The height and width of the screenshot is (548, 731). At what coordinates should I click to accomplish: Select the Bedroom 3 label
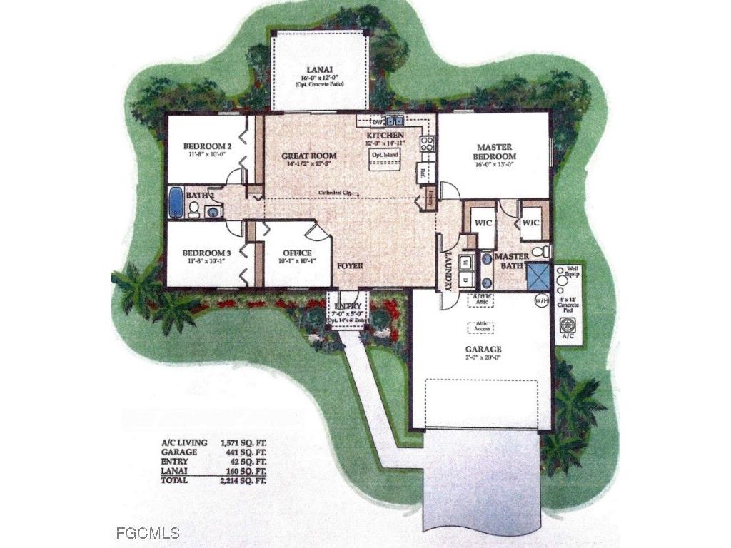coord(206,253)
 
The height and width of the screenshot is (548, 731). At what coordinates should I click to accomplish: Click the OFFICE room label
coord(297,253)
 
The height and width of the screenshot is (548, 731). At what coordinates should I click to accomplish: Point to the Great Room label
coord(308,156)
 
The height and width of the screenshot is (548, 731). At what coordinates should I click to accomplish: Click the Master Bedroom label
coord(495,151)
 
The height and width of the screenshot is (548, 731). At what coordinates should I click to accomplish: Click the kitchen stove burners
coord(426,144)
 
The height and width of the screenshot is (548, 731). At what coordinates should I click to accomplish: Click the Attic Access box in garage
coord(481,327)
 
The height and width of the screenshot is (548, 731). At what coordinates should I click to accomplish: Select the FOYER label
coord(350,266)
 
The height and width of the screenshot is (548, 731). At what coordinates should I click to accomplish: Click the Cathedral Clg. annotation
coord(338,193)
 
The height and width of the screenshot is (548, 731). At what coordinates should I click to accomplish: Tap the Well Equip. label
coord(574,271)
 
